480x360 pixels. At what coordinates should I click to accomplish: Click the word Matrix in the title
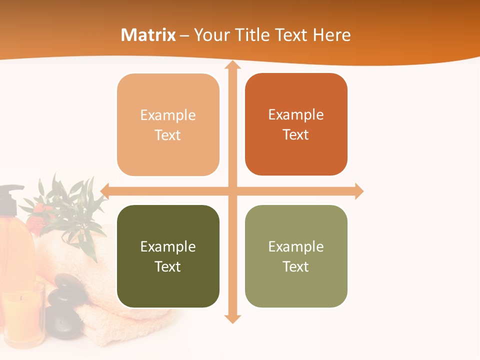148,35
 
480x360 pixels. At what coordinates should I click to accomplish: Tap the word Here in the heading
331,35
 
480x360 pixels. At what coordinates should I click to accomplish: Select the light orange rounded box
168,125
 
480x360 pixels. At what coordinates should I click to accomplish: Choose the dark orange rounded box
296,124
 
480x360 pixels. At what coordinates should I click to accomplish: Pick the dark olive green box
168,256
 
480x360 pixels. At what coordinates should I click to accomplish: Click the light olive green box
296,256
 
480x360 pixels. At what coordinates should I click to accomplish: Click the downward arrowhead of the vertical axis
232,318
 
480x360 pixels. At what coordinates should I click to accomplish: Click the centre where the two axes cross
232,191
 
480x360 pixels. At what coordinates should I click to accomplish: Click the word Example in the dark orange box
296,114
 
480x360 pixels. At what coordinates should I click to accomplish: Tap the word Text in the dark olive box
167,266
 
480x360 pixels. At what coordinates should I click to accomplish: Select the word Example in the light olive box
296,246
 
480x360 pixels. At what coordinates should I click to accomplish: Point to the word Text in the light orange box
167,135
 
